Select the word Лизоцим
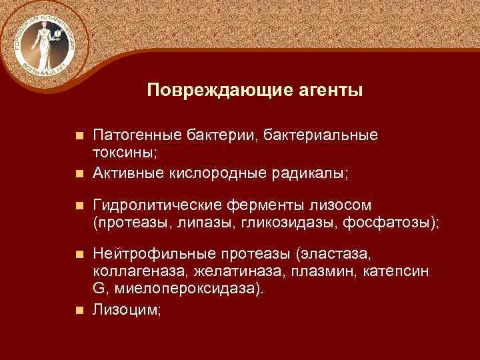125,310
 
